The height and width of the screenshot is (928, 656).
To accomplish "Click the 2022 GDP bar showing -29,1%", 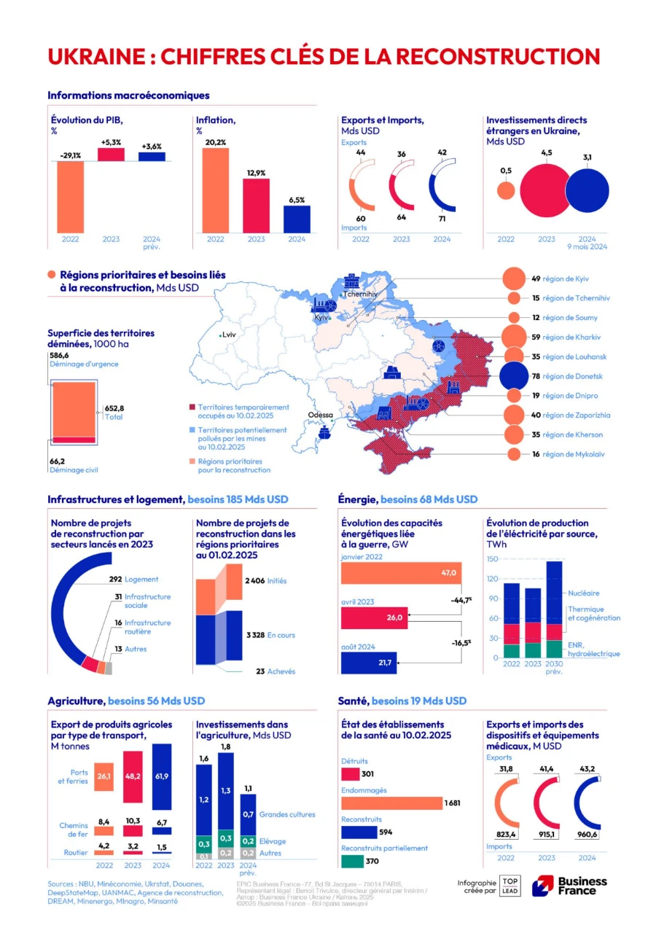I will [x=70, y=196].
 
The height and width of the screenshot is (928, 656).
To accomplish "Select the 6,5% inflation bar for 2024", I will [x=297, y=219].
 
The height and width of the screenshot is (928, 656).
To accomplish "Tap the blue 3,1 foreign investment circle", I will [x=587, y=191].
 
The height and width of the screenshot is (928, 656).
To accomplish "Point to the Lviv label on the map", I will [x=230, y=335].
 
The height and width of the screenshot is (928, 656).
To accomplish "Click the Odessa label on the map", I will [x=320, y=415].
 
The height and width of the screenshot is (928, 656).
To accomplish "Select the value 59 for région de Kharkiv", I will [x=535, y=338].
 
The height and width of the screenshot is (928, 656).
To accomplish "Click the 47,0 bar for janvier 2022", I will [x=401, y=574].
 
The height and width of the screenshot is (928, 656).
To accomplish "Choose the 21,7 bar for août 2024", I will [x=369, y=663].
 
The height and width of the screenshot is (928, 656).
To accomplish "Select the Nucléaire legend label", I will [x=584, y=593].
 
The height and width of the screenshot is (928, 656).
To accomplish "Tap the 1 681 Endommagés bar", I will [x=391, y=803].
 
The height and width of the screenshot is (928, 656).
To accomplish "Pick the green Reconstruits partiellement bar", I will [x=352, y=861].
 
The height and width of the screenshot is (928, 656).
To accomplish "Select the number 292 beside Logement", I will [x=114, y=580].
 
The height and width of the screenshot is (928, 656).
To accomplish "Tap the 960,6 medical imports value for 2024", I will [x=587, y=835].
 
